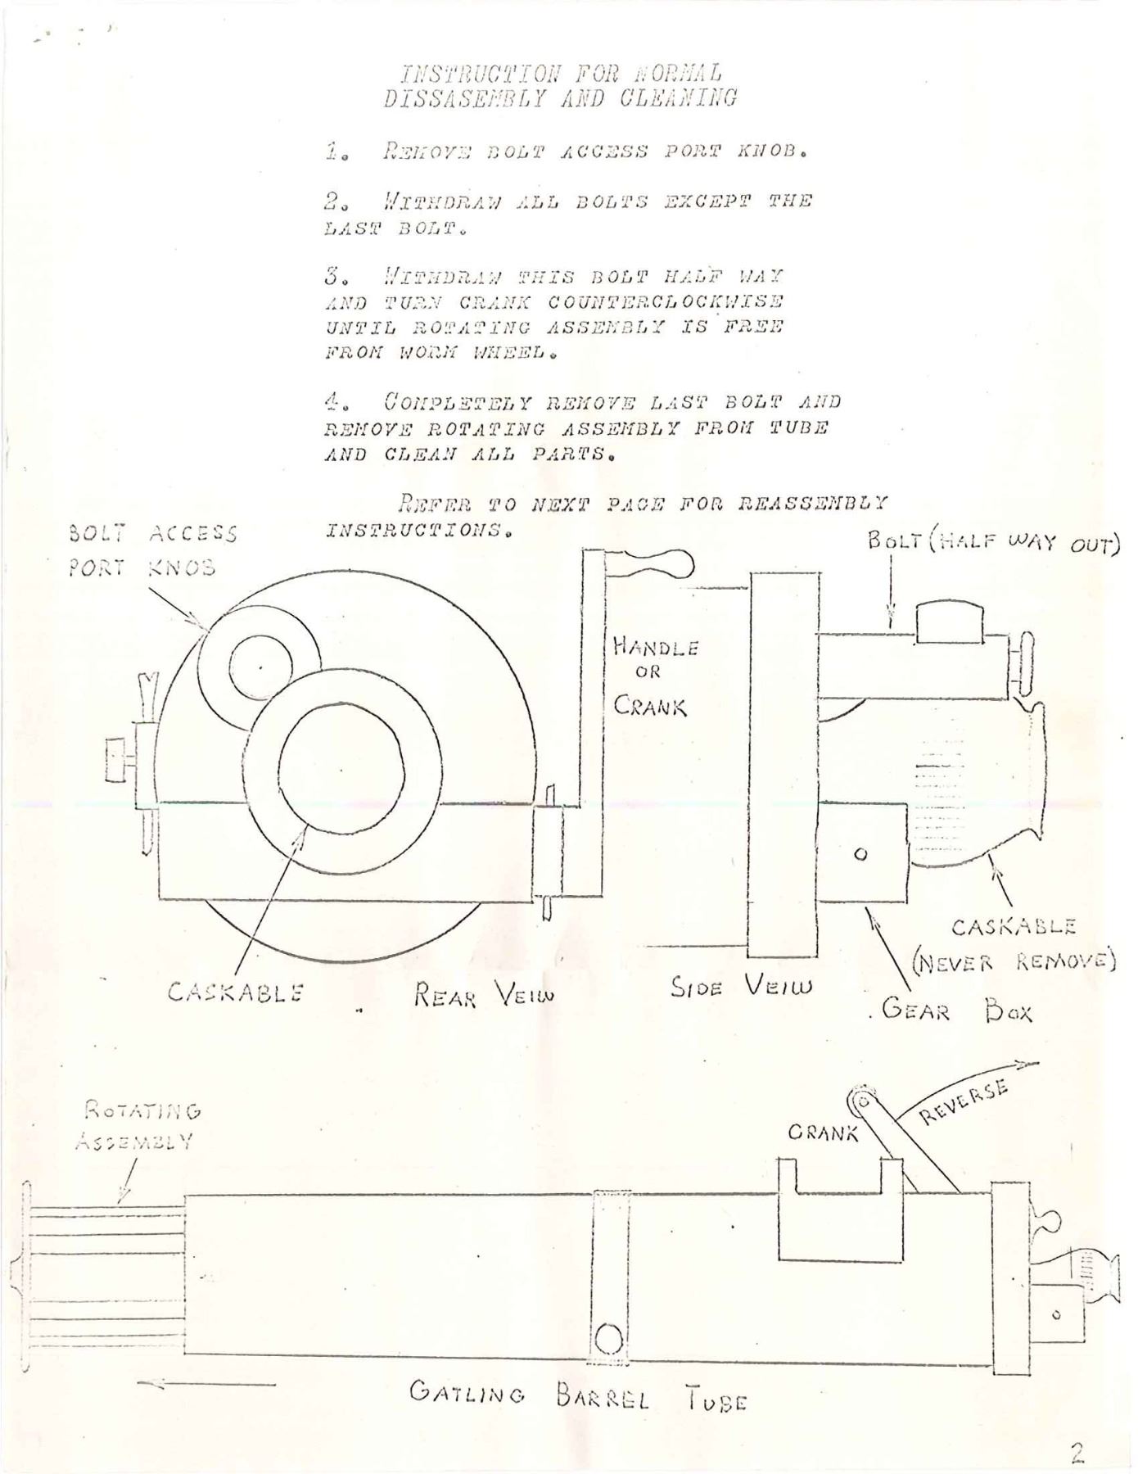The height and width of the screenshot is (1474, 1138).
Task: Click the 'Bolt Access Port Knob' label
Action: (151, 550)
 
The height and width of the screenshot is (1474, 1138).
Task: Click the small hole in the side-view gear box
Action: (860, 854)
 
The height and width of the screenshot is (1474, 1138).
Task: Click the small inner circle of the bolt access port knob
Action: (260, 668)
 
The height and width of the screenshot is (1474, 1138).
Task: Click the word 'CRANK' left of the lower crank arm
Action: (822, 1133)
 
